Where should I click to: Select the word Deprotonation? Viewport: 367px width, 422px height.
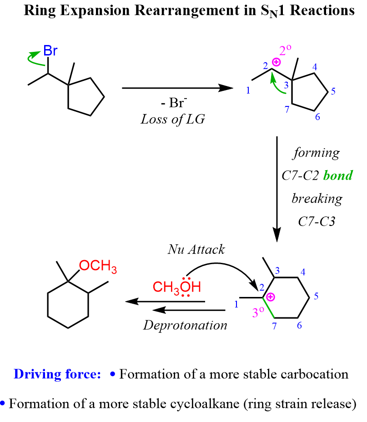coord(185,325)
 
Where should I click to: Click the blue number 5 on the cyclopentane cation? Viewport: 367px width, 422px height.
coord(333,91)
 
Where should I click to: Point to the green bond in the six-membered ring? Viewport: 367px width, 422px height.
coord(270,309)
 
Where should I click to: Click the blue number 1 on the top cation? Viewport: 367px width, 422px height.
coord(248,90)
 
